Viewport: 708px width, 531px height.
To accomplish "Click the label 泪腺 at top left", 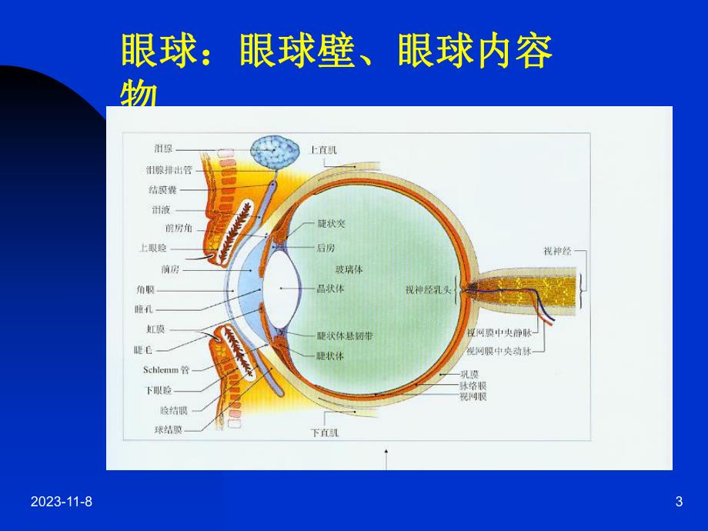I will pyautogui.click(x=163, y=149).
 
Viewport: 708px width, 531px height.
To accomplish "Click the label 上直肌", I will pyautogui.click(x=323, y=151).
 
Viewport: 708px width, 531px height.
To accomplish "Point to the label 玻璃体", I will pyautogui.click(x=348, y=269).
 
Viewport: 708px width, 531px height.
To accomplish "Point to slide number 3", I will pyautogui.click(x=678, y=502).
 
